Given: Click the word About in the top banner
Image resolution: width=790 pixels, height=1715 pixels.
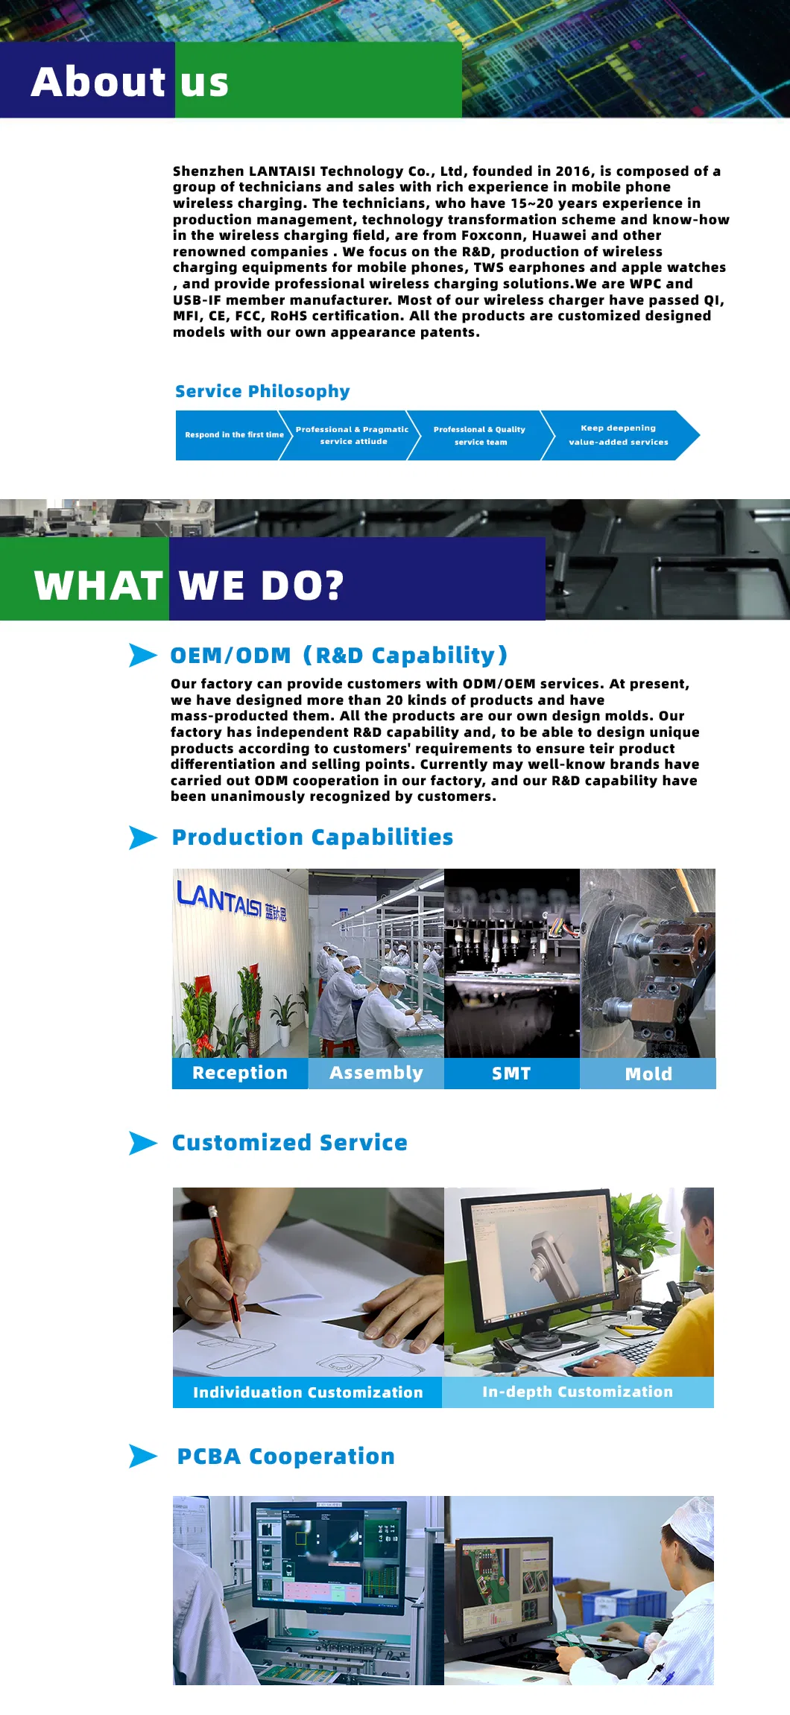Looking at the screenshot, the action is click(x=98, y=81).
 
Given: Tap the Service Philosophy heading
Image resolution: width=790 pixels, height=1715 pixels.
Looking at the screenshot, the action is click(x=262, y=392).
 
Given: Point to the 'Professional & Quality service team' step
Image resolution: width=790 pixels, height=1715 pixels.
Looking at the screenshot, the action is click(x=481, y=435).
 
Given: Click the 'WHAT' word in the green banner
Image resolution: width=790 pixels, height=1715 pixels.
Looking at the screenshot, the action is click(x=98, y=586).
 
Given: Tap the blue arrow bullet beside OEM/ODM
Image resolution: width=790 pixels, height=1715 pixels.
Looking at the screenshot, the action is click(x=143, y=655).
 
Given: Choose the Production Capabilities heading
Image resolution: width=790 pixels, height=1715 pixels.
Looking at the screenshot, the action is click(x=312, y=837).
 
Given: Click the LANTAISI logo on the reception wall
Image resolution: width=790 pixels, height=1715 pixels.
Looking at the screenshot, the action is click(x=231, y=899).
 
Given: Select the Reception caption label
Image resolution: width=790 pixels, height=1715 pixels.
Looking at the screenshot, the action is click(x=240, y=1073).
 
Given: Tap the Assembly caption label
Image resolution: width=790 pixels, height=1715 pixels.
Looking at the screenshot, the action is click(x=376, y=1073).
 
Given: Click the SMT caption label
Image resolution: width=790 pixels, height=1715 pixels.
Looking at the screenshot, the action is click(x=512, y=1073).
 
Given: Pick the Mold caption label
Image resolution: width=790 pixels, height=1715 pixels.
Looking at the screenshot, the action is click(x=648, y=1074).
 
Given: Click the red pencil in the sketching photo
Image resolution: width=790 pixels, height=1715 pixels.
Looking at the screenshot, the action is click(x=225, y=1271).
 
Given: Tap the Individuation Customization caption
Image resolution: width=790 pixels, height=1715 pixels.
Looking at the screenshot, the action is click(x=308, y=1392).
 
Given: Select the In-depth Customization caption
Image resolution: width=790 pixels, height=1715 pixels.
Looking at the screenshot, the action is click(x=578, y=1392).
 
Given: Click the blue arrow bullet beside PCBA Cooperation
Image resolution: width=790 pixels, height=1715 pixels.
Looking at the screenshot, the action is click(x=143, y=1456).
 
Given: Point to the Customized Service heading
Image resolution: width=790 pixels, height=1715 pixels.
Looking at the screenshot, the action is click(x=290, y=1143).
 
